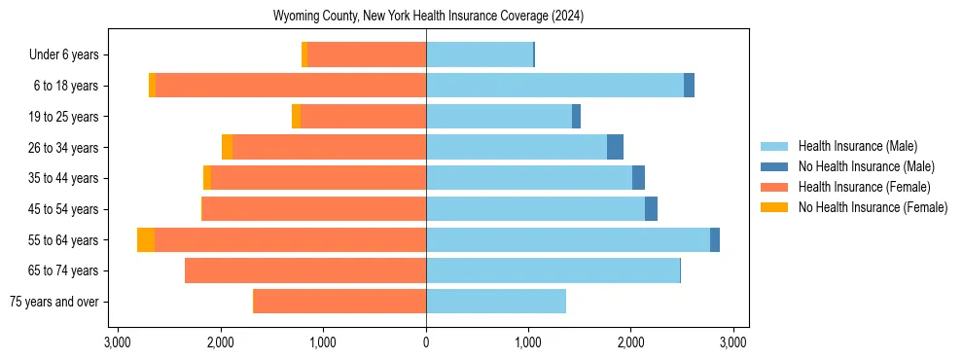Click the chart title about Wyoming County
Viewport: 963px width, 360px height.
coord(429,17)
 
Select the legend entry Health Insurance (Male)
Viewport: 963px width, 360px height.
coord(857,146)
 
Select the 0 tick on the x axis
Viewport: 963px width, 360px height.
coord(426,342)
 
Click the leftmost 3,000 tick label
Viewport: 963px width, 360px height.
coord(118,342)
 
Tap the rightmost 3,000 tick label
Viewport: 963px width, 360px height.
coord(733,342)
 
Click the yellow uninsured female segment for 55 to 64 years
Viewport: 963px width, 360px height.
coord(146,240)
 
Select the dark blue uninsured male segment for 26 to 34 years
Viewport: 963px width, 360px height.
coord(615,147)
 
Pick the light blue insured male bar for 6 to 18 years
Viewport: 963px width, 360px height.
coord(554,86)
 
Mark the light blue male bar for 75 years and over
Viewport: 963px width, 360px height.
coord(496,302)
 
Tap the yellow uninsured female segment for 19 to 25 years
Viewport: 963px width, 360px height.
coord(296,117)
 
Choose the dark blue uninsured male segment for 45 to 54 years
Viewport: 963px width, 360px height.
coord(651,209)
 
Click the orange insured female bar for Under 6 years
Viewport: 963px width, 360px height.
coord(367,55)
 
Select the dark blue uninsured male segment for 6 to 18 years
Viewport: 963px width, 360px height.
coord(689,86)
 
